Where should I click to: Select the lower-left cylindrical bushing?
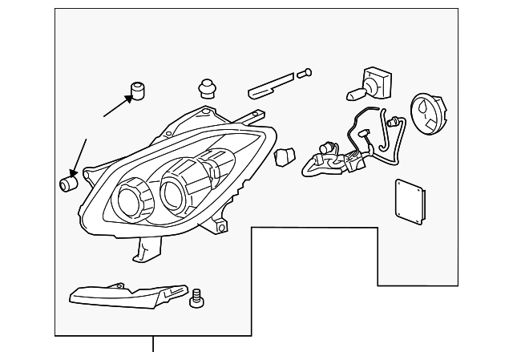67,184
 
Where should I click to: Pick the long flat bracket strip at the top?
272,83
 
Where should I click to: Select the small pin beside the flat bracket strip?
304,74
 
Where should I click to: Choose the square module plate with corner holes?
410,201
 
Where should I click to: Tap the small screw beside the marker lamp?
196,298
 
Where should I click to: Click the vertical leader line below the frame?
153,344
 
